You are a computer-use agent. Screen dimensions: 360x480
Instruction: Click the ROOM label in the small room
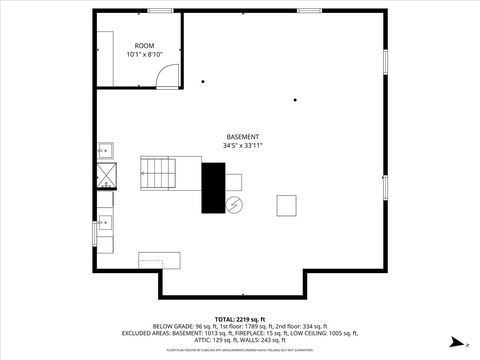click(x=146, y=46)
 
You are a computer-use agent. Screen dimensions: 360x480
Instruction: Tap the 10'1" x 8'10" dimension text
click(x=146, y=55)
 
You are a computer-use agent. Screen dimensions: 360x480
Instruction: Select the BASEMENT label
click(x=243, y=137)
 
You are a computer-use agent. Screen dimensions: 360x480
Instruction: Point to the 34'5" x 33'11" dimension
click(x=243, y=146)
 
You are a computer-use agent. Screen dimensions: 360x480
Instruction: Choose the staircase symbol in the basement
click(x=157, y=174)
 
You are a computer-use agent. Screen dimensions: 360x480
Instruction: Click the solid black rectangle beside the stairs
click(x=213, y=187)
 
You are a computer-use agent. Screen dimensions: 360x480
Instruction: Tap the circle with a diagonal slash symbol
click(x=234, y=205)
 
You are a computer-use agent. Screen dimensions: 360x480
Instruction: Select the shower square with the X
click(x=105, y=176)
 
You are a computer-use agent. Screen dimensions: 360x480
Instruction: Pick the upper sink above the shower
click(x=105, y=151)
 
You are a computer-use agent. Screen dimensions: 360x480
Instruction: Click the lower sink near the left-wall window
click(x=105, y=222)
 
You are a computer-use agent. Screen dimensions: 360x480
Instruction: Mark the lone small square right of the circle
click(x=288, y=205)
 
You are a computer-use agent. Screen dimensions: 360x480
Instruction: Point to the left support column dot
click(x=203, y=82)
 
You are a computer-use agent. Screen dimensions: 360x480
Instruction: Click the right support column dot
click(x=295, y=100)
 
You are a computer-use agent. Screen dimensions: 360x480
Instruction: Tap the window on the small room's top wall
click(x=160, y=11)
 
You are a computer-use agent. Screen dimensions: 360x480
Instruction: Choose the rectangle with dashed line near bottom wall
click(x=159, y=260)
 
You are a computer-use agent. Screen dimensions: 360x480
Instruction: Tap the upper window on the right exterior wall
click(x=385, y=59)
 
